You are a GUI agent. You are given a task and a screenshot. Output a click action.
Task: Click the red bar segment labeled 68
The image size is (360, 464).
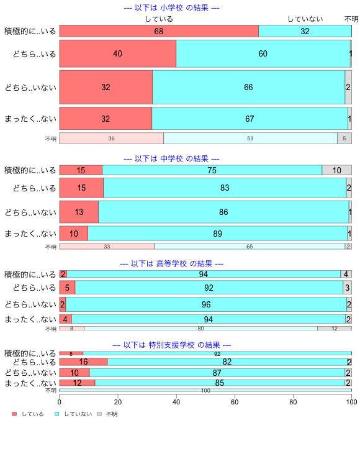click(x=159, y=31)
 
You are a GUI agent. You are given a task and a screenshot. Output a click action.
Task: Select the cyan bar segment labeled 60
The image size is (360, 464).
click(x=263, y=53)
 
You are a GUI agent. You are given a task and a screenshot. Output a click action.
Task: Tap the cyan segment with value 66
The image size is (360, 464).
click(x=248, y=87)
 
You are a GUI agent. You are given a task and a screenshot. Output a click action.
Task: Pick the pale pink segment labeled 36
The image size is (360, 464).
click(x=112, y=138)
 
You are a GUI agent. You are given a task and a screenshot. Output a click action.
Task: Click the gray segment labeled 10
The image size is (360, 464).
click(x=336, y=170)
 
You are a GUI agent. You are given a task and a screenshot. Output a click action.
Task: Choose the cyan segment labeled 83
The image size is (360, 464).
click(x=225, y=188)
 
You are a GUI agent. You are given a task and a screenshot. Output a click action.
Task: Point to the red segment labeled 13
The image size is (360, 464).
click(x=79, y=212)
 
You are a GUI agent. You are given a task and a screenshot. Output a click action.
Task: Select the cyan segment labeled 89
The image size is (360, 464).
click(x=218, y=234)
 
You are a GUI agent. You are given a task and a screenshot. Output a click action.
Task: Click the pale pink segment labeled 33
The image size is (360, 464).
click(x=107, y=247)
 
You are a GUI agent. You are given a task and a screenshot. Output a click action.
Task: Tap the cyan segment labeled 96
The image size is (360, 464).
click(x=206, y=304)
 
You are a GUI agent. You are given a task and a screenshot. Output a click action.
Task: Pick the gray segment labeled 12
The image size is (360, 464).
click(x=335, y=329)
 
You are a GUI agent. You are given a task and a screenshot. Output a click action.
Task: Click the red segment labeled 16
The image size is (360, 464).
click(x=83, y=362)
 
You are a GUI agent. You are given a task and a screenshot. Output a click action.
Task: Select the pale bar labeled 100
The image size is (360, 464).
click(x=205, y=390)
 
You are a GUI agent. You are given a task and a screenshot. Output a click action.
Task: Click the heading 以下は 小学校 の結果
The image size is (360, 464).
click(x=171, y=7)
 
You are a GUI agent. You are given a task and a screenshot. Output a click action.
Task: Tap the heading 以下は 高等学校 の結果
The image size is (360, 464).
click(x=171, y=263)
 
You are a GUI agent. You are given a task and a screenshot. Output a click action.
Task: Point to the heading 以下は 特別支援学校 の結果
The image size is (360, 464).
click(x=171, y=345)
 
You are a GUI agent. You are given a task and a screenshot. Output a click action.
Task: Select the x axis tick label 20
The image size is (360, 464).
click(x=118, y=402)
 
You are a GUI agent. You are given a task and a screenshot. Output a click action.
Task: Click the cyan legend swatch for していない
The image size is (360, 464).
click(x=57, y=414)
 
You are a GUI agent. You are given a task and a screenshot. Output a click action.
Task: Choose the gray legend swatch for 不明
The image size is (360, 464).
click(x=99, y=414)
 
